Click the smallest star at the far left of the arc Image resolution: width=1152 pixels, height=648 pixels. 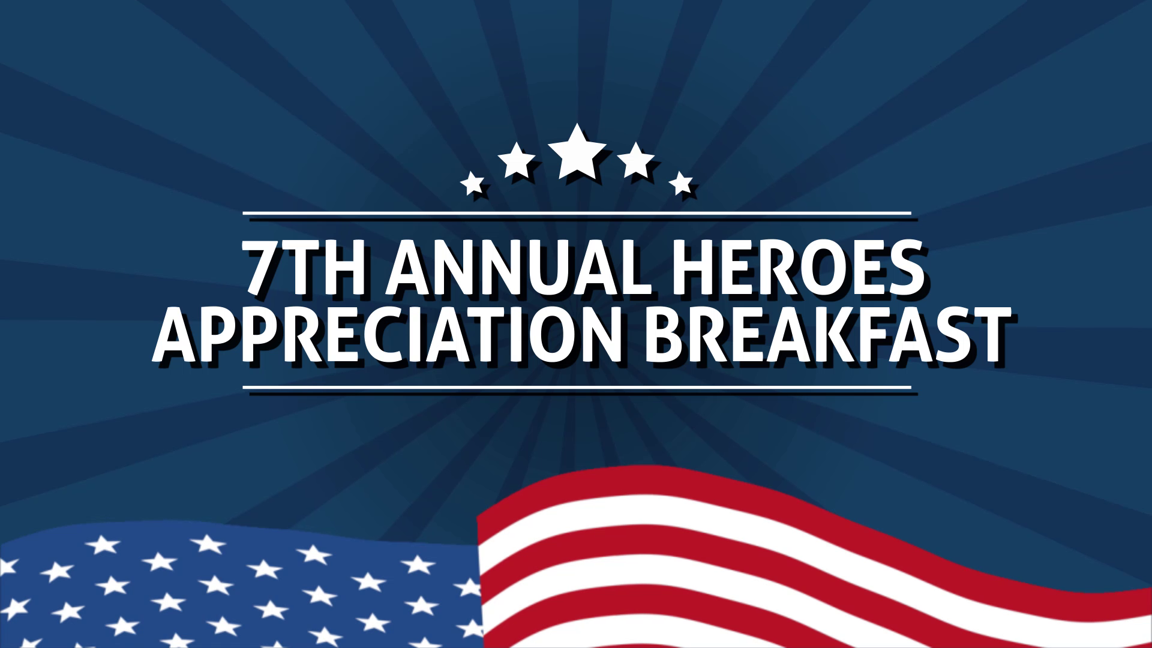coord(472,183)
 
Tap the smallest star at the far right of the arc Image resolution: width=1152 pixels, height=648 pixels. coord(681,183)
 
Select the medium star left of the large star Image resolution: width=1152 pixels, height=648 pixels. coord(517,160)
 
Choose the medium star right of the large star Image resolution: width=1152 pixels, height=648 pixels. coord(635,160)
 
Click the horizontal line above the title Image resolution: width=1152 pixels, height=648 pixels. coord(577,213)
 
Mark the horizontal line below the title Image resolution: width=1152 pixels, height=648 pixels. coord(577,388)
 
